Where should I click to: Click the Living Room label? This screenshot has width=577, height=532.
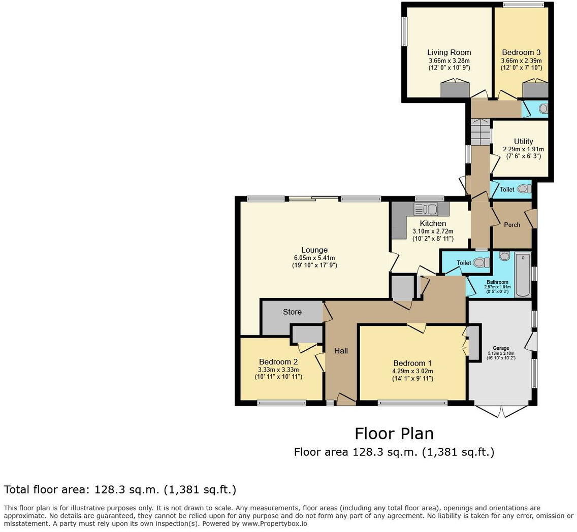coord(448,52)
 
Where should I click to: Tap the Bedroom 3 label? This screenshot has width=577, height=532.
coord(521,52)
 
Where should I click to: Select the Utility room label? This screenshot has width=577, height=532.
coord(523,141)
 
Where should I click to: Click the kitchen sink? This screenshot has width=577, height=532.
coord(426,209)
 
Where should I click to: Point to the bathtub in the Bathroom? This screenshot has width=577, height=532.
coord(522,275)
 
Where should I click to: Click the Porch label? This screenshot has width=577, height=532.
coord(511,224)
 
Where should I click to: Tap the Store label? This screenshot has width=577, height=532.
coord(292,312)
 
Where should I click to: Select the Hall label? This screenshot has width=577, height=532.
coord(341,351)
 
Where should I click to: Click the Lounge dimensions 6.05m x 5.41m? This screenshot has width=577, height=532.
coord(314,258)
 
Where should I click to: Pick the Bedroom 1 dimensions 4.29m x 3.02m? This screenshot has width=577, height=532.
coord(412,371)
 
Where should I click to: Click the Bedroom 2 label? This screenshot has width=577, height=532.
coord(278,361)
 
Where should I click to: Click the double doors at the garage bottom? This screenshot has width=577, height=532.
coord(501,411)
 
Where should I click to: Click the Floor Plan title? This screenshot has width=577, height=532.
coord(394,434)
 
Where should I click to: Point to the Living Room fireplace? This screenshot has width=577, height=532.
coord(455,89)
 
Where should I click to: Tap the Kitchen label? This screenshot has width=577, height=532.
coord(433,223)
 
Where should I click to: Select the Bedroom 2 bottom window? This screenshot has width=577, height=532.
coord(281,403)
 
